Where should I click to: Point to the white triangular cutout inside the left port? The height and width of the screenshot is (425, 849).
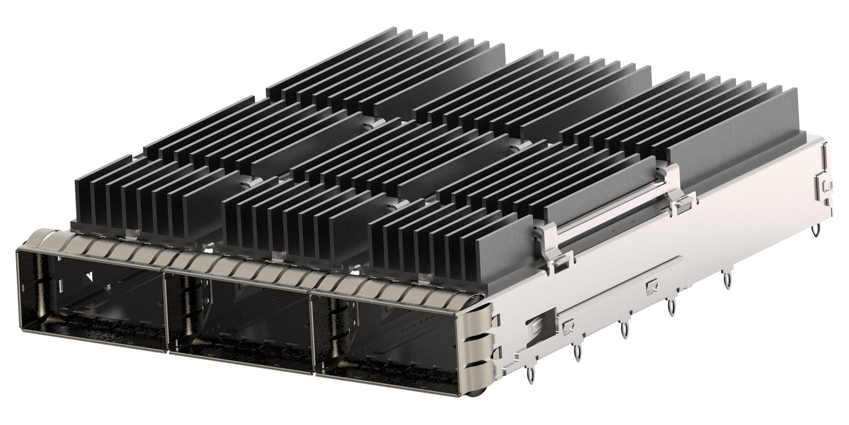pos(89,277)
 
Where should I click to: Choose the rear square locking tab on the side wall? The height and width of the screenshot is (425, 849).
pos(650,289)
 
